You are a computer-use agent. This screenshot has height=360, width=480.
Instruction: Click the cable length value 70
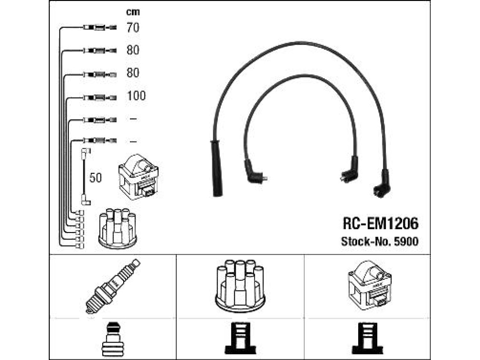(x=133, y=28)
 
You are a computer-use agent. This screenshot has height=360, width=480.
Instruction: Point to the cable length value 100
(x=136, y=96)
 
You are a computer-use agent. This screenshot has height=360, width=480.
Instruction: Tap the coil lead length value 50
(x=95, y=178)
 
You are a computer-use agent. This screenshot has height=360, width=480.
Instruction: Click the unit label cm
(x=133, y=12)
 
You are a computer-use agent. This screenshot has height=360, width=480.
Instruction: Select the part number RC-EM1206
(x=380, y=224)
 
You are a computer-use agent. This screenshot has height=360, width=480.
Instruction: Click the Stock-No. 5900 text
(x=380, y=241)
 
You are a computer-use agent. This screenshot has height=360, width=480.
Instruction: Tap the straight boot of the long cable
(x=217, y=168)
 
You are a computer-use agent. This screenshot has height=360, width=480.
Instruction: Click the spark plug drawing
(x=112, y=286)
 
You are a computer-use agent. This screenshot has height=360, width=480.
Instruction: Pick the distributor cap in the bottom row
(x=240, y=286)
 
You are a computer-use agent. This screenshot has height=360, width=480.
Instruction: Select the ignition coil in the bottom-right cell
(x=369, y=285)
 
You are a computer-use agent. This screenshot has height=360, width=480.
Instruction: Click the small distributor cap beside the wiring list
(x=117, y=228)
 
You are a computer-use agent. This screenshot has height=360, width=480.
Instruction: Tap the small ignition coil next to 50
(x=138, y=177)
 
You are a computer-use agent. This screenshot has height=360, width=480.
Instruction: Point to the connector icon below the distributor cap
(x=240, y=338)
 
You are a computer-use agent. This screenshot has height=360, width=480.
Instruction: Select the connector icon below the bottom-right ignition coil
(x=367, y=338)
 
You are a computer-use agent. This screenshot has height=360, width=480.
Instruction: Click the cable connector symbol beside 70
(x=100, y=28)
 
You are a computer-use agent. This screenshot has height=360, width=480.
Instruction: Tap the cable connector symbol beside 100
(x=100, y=98)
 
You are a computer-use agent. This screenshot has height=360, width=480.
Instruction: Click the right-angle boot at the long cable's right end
(x=381, y=184)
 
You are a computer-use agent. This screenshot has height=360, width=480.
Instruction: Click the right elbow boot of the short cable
(x=349, y=170)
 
